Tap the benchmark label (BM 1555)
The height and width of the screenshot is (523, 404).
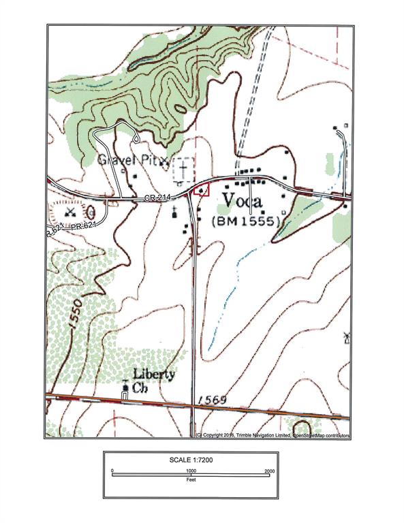[247, 222]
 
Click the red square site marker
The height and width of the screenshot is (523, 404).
[200, 191]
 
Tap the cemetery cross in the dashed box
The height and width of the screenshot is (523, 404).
[183, 167]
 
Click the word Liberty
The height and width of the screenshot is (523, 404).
[153, 374]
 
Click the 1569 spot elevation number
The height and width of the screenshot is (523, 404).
[211, 400]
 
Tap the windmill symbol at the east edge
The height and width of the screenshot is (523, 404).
[347, 336]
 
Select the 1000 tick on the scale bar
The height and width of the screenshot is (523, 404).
[191, 471]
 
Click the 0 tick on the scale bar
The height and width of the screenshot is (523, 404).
[113, 471]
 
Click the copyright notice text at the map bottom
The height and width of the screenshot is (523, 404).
[273, 434]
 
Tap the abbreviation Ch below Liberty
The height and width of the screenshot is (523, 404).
[140, 389]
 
